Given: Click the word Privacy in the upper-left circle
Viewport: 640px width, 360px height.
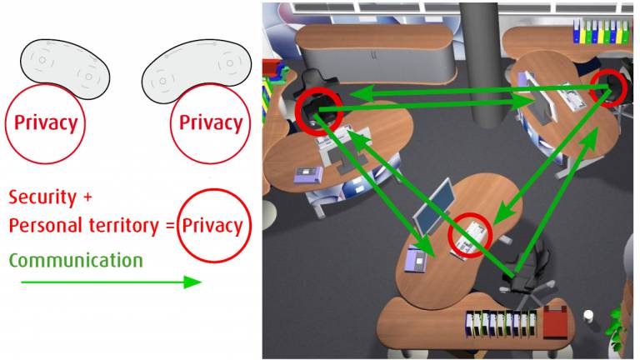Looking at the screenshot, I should (46, 123).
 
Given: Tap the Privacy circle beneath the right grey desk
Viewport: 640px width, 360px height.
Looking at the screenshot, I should (211, 123).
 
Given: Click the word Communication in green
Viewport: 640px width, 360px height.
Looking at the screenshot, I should (76, 260).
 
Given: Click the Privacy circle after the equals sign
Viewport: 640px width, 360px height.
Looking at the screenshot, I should (212, 225).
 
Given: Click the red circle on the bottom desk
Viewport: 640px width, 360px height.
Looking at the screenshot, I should (471, 236).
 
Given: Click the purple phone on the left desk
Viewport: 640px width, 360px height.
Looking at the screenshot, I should (307, 174).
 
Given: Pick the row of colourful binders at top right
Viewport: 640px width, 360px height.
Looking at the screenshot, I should (599, 32).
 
